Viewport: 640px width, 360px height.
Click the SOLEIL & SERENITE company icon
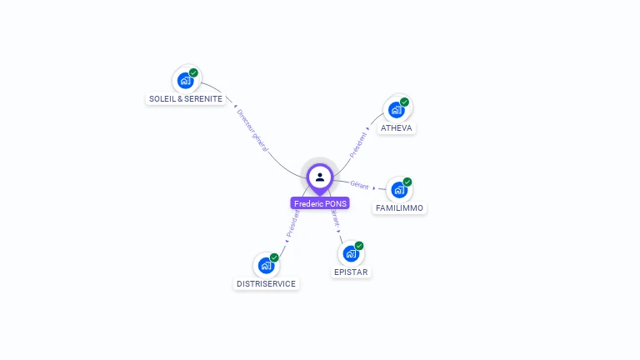[186, 81]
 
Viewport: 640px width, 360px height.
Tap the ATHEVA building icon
[397, 109]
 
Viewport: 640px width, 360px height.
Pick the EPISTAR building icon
[351, 253]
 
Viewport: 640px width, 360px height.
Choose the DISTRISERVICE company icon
[266, 265]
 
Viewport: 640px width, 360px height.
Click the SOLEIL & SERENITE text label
[186, 99]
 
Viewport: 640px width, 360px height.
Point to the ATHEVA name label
[397, 128]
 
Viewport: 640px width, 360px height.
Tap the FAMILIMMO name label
[399, 208]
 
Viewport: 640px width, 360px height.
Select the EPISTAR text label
[351, 272]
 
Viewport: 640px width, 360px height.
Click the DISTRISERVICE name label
[266, 284]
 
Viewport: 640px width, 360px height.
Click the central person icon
[320, 177]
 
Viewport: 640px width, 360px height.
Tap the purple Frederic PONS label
[320, 203]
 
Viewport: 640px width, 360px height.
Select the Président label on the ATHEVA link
[358, 143]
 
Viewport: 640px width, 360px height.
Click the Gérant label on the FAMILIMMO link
[359, 184]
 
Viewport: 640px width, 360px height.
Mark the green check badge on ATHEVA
[405, 102]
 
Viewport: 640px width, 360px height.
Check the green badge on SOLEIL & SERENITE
[193, 72]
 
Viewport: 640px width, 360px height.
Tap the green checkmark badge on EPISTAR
[359, 246]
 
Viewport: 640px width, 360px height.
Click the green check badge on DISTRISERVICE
[274, 257]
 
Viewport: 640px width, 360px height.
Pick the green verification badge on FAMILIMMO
[407, 182]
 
